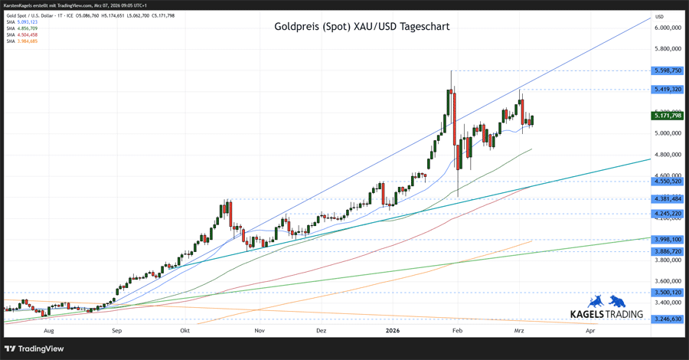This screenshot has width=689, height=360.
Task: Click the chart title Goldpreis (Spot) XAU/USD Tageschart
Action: point(361,26)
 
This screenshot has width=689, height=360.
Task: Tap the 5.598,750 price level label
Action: point(668,70)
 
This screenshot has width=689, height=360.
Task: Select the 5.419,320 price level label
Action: point(668,89)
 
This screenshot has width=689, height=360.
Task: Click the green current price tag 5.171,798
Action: point(668,116)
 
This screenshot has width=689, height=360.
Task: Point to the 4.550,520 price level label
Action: point(668,182)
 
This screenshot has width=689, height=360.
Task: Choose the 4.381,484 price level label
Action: point(668,199)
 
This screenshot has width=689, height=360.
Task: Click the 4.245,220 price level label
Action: point(668,214)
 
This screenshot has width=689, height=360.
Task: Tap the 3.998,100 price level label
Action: point(668,240)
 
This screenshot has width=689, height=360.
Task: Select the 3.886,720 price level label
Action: point(668,251)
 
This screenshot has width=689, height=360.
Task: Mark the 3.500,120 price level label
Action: point(668,293)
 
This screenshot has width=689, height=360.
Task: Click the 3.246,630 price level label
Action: point(668,319)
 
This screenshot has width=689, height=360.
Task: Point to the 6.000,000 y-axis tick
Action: point(668,28)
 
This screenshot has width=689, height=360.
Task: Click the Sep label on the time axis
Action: point(116,331)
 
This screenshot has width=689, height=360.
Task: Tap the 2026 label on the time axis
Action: point(392,331)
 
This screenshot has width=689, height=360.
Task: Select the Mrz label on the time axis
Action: point(519,331)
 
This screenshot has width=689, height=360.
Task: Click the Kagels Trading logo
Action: point(606,307)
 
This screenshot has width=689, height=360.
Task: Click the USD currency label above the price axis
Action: point(659,16)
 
